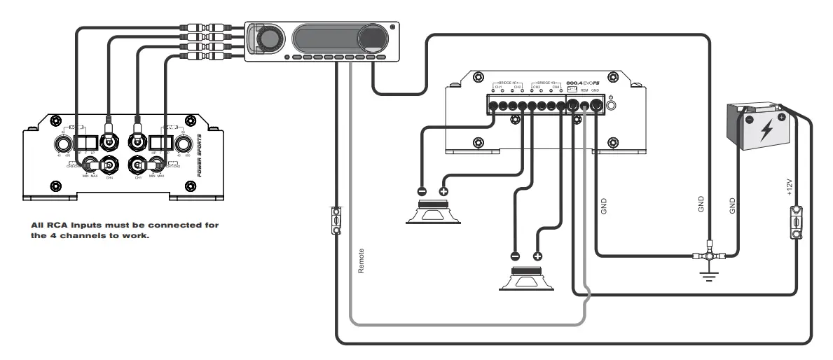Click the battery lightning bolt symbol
click(766, 130)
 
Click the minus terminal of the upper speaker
click(422, 191)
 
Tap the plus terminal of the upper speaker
click(443, 191)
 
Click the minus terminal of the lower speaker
click(515, 256)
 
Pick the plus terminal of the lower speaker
click(537, 256)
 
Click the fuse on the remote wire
click(337, 220)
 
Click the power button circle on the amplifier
click(612, 106)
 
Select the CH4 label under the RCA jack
click(109, 178)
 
